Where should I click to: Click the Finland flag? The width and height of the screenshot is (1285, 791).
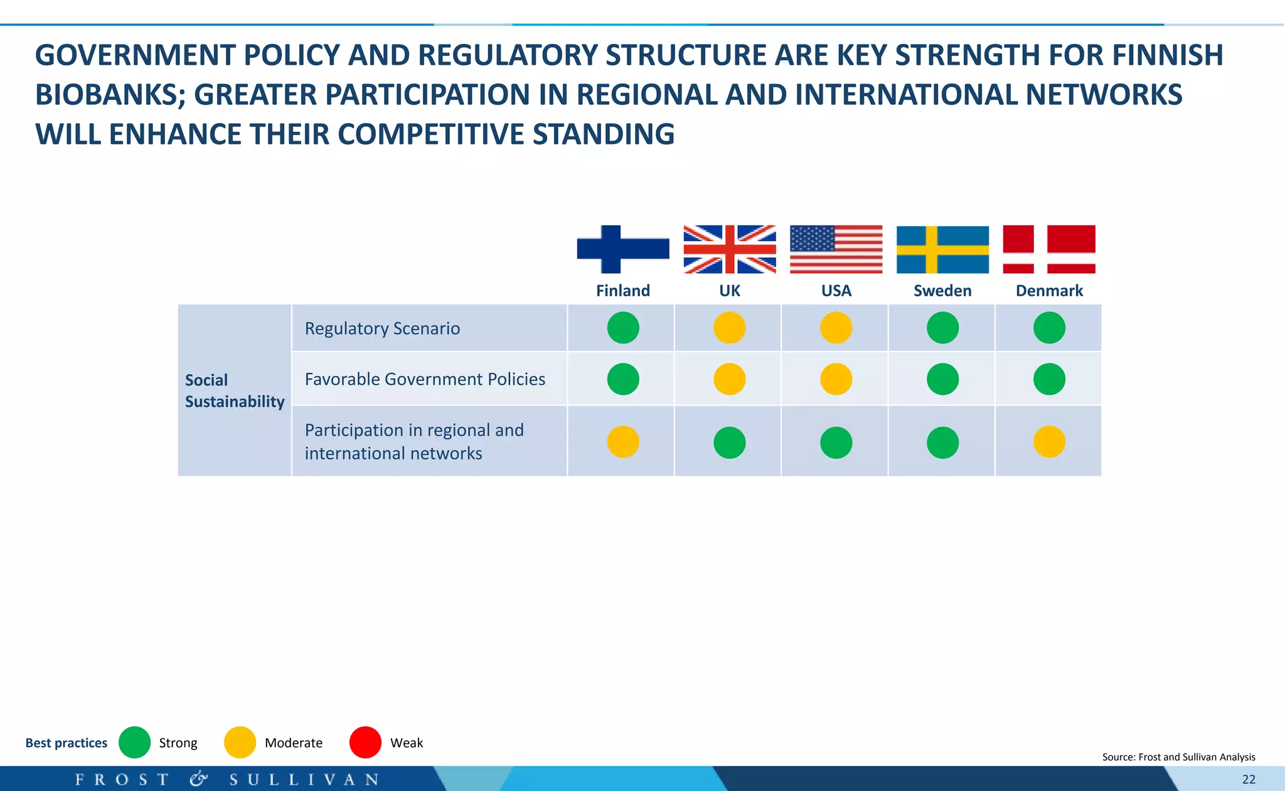623,249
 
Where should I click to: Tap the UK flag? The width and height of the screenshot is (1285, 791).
729,249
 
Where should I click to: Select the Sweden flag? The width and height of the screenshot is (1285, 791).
942,249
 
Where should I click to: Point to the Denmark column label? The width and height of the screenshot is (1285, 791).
1049,291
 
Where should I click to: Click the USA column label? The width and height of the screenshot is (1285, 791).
836,291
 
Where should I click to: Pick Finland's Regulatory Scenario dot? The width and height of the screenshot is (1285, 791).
623,328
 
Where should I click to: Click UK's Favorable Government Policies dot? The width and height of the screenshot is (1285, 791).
729,379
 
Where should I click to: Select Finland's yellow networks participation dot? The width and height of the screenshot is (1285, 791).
623,442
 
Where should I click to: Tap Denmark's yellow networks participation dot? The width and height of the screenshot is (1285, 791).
1049,442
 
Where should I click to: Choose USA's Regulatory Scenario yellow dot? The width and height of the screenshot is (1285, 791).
836,328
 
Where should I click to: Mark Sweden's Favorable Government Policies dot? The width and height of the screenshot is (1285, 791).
942,379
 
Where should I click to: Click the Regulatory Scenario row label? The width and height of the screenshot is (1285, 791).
382,328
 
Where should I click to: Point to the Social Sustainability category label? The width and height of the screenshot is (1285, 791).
234,390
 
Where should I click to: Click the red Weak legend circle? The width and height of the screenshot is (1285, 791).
365,743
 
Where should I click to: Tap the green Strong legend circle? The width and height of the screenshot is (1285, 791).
134,743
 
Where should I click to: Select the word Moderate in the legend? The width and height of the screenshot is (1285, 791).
293,743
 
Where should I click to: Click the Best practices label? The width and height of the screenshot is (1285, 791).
66,743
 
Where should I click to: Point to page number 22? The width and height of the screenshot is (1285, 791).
1249,780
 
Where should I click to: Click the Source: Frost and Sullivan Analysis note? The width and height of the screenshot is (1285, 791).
1178,757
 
